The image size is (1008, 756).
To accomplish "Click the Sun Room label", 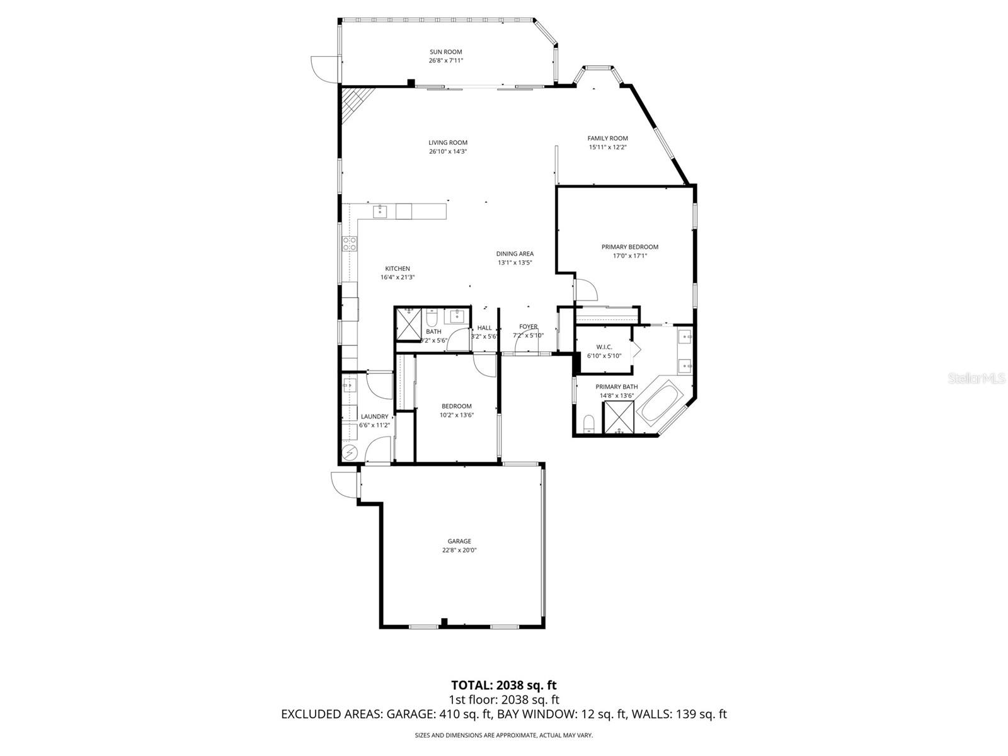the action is (x=445, y=52).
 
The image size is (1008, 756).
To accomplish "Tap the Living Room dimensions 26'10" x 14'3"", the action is (x=448, y=151).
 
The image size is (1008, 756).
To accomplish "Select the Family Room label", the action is (x=607, y=138).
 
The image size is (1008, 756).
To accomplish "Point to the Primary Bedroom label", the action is (x=629, y=247).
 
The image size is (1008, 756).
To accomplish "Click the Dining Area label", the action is (x=515, y=254).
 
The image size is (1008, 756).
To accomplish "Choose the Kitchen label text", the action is (x=398, y=268).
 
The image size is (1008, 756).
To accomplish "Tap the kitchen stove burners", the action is (x=350, y=244).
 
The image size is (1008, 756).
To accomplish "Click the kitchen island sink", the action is (x=379, y=212).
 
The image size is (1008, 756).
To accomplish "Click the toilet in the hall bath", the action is (x=432, y=316).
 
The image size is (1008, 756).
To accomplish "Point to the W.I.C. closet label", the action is (x=604, y=347).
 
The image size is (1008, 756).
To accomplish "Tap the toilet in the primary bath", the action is (x=588, y=423).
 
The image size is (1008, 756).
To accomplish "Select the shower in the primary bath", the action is (x=619, y=417).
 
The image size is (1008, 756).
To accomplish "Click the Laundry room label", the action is (x=374, y=417).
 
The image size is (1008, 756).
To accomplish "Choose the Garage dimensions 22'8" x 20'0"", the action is (x=459, y=551).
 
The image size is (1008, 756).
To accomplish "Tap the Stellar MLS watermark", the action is (x=976, y=379).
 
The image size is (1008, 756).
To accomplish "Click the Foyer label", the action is (x=528, y=327).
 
